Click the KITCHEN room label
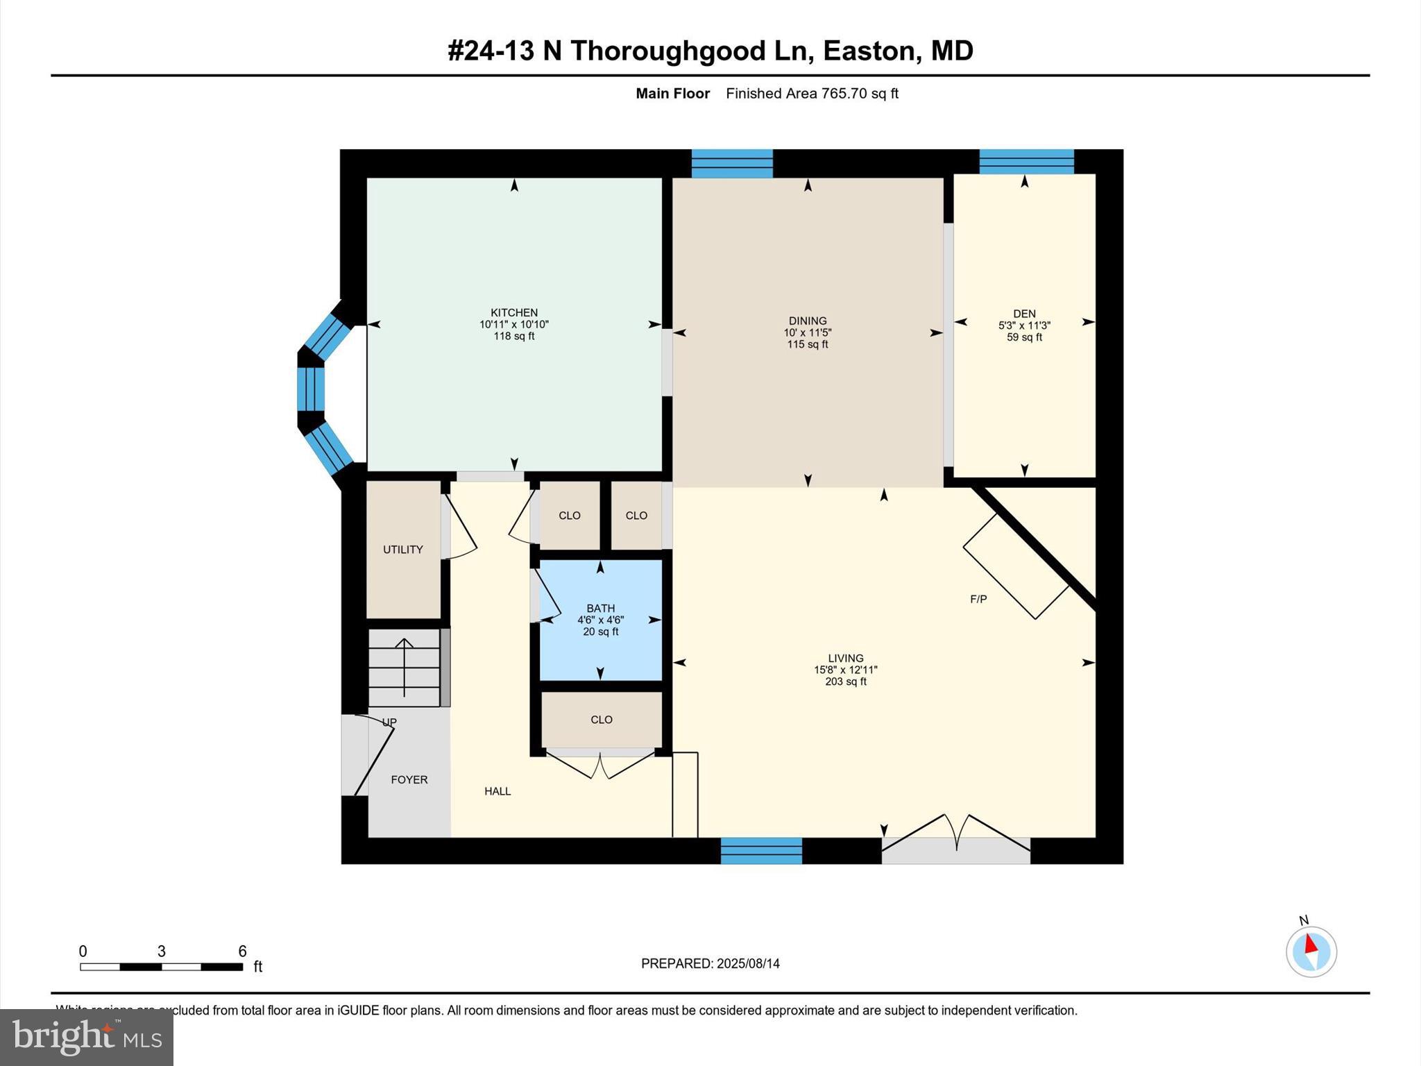point(513,312)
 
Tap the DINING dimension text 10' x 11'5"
point(807,332)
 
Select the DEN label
point(1024,314)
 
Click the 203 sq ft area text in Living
point(845,682)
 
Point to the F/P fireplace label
point(978,599)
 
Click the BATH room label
point(600,608)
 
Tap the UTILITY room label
point(402,550)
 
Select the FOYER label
point(409,779)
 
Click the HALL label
point(497,791)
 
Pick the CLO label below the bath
point(601,720)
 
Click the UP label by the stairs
point(389,722)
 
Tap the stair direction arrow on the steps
point(405,666)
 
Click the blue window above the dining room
point(732,164)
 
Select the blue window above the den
point(1026,162)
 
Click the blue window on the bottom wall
point(761,851)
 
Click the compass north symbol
point(1311,951)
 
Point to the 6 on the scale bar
point(242,951)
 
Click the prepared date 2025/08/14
point(748,963)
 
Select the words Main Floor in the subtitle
point(672,94)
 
